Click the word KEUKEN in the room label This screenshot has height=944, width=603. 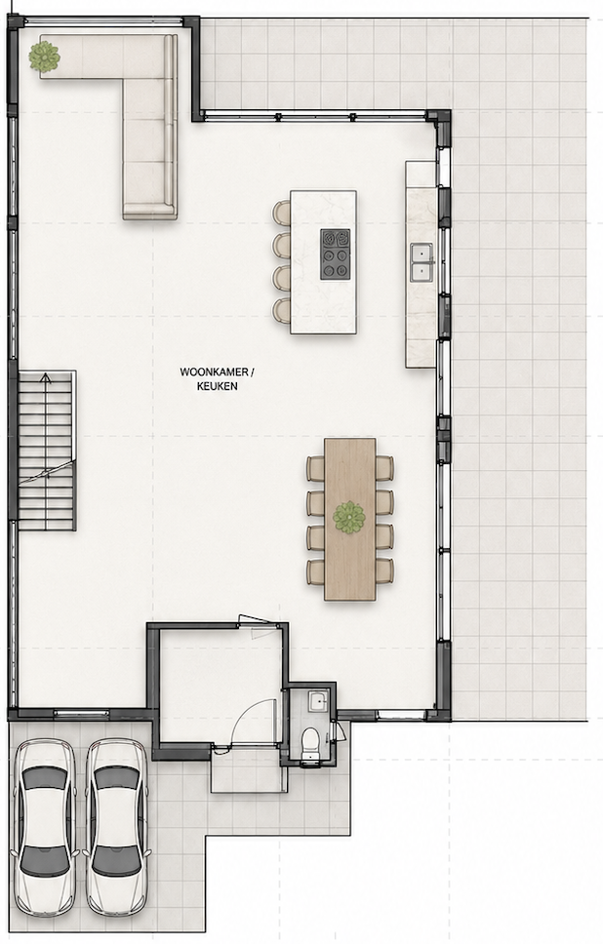click(217, 386)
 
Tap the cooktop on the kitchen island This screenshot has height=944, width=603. click(335, 255)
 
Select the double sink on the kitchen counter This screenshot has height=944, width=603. click(422, 262)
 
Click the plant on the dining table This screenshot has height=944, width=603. click(349, 517)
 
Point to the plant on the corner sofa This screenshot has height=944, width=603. click(45, 57)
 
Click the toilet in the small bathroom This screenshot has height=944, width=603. click(311, 745)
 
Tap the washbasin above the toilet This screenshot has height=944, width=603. click(317, 702)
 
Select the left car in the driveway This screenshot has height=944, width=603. click(45, 828)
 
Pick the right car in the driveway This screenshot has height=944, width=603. click(117, 828)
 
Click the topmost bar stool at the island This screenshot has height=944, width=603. click(281, 213)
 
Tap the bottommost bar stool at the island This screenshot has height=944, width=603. click(281, 310)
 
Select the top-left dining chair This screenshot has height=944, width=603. click(316, 468)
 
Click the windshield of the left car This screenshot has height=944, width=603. click(45, 778)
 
